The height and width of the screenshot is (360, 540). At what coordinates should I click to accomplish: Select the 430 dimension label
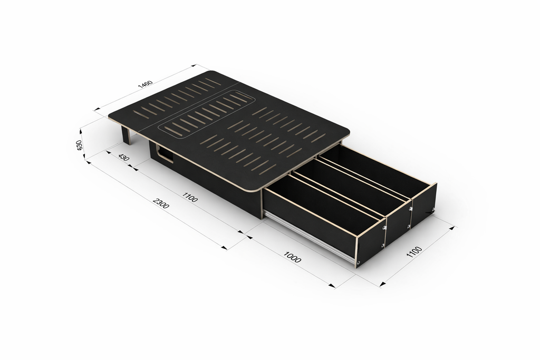(123, 158)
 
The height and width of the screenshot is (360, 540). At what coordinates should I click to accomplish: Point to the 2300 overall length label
(161, 203)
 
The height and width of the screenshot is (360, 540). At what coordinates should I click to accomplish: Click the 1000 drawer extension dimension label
(293, 259)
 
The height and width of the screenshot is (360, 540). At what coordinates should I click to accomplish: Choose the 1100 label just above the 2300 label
(190, 198)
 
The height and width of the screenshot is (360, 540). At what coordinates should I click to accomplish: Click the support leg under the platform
(127, 135)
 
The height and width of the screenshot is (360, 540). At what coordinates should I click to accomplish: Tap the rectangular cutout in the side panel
(166, 154)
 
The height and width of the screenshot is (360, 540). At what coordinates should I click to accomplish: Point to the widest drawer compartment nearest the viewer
(322, 206)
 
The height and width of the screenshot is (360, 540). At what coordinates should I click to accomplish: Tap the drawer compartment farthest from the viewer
(380, 169)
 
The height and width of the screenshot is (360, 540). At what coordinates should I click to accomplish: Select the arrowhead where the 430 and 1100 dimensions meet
(133, 170)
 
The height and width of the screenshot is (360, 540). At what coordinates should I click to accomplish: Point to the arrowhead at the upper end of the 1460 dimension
(194, 65)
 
